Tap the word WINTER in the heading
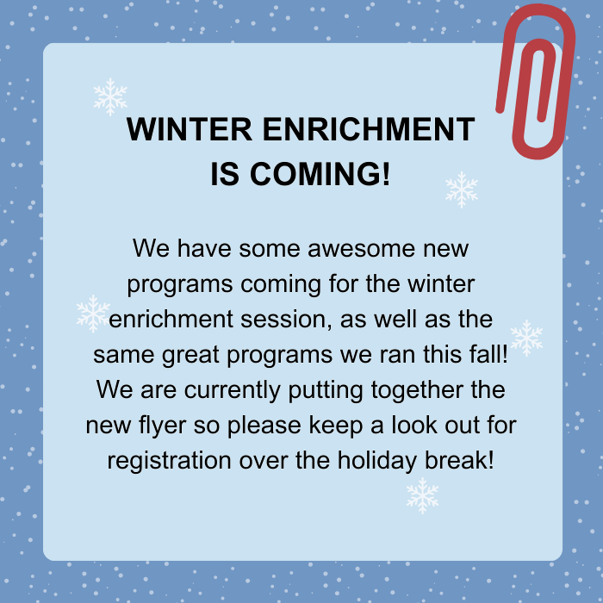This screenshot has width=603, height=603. click(190, 129)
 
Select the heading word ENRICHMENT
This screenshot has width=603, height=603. click(369, 129)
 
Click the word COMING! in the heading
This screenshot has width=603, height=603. click(320, 174)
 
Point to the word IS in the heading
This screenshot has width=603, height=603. click(225, 174)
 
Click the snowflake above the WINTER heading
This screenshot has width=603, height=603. click(110, 96)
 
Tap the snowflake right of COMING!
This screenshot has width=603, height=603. click(462, 190)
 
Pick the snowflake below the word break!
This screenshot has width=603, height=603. click(422, 495)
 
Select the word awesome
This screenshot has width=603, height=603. click(361, 248)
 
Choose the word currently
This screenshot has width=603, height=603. click(232, 390)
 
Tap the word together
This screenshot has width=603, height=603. click(417, 390)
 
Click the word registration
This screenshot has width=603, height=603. click(169, 461)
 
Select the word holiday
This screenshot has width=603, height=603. click(377, 461)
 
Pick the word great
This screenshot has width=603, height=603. click(190, 355)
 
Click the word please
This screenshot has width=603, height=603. click(264, 426)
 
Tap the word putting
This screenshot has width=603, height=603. click(326, 390)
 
